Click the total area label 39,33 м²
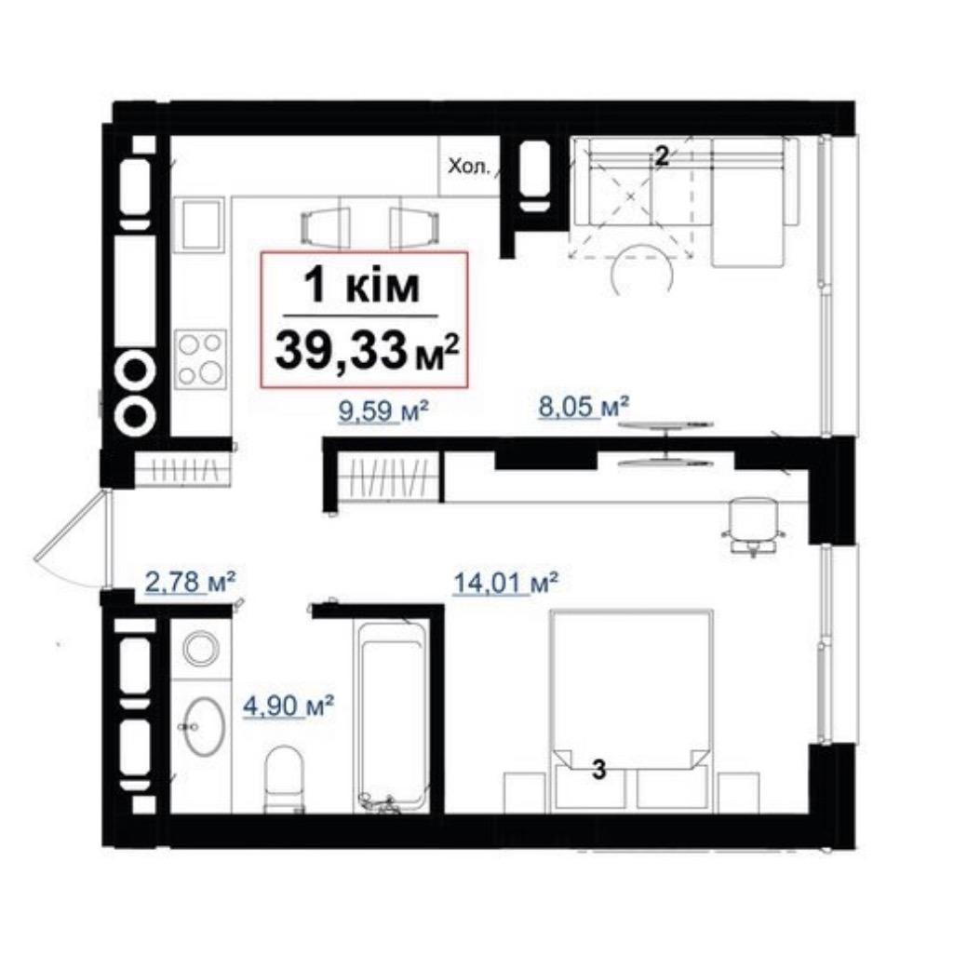click(367, 350)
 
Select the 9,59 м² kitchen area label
click(383, 410)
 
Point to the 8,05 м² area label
click(584, 407)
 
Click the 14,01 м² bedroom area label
click(505, 583)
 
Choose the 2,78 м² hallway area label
click(190, 581)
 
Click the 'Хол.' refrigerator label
click(469, 167)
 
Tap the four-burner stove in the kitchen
click(200, 359)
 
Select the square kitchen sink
click(198, 224)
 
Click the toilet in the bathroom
click(284, 779)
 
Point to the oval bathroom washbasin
click(204, 726)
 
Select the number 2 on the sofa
click(661, 156)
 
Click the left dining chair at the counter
click(325, 227)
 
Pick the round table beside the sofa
click(641, 269)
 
